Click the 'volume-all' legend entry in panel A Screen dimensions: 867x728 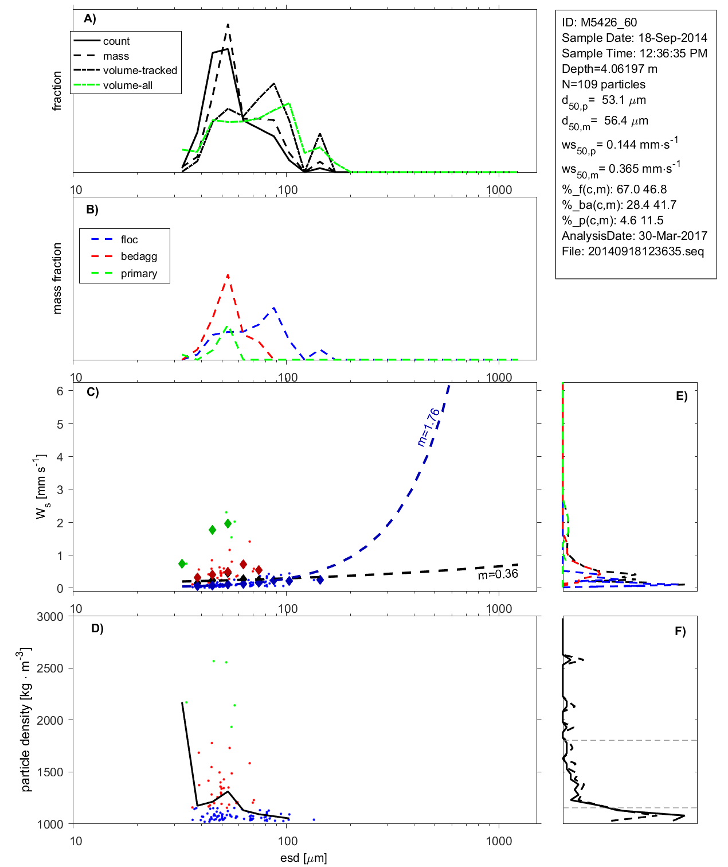coord(127,85)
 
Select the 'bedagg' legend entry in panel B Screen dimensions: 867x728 coord(139,256)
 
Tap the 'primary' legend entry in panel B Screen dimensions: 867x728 coord(139,274)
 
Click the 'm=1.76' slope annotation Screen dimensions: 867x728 coord(429,427)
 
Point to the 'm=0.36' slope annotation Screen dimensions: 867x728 coord(498,574)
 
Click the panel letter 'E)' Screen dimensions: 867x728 coord(681,396)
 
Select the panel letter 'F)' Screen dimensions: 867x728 coord(680,631)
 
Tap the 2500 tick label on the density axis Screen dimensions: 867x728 coord(50,668)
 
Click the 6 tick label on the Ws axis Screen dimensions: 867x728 coord(60,391)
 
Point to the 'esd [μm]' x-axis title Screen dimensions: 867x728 coord(303,858)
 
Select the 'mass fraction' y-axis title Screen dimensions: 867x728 coord(57,278)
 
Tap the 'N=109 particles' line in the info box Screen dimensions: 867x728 coord(603,84)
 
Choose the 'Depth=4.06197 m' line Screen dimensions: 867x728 coord(609,69)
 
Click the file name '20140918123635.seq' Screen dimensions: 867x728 coord(646,251)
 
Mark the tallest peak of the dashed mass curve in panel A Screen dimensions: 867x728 coord(228,25)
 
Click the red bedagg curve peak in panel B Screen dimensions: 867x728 coord(228,275)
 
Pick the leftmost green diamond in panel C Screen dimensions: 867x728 coord(182,564)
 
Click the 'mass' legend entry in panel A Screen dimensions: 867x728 coord(116,56)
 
